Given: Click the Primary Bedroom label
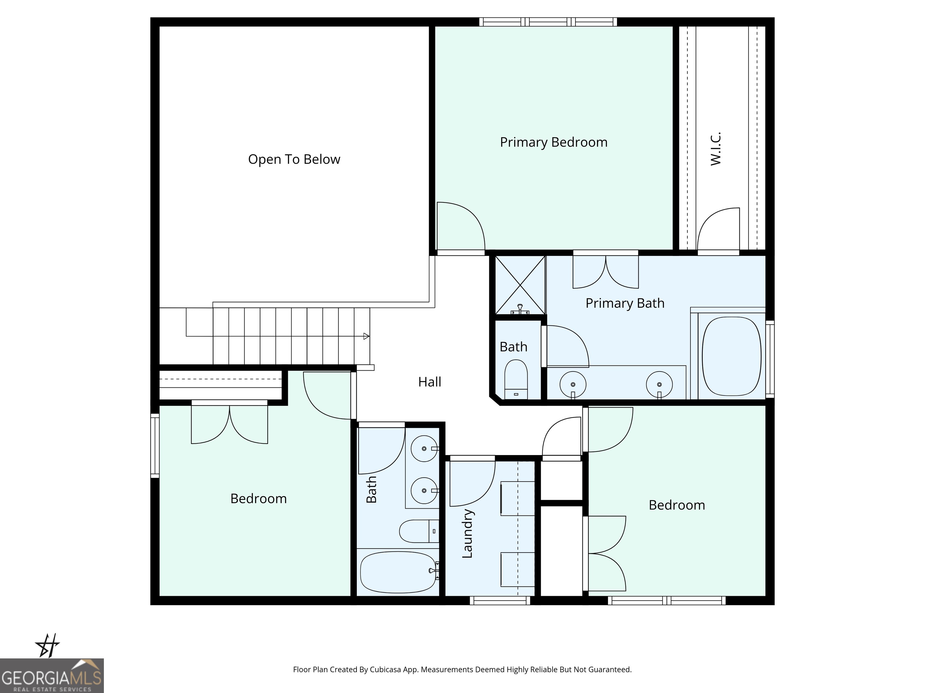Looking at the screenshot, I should click(553, 143).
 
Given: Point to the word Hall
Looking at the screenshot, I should click(429, 382).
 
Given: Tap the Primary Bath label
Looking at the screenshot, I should click(625, 303).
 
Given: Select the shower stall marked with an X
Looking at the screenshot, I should click(520, 285).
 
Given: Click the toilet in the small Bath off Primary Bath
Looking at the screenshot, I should click(516, 379).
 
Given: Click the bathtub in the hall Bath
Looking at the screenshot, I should click(398, 572).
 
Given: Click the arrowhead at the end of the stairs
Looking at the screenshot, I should click(366, 336).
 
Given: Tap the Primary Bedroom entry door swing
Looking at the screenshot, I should click(460, 227).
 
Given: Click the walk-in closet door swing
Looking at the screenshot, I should click(718, 230).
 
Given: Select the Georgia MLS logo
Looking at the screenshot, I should click(52, 676).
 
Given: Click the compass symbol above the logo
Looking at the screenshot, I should click(47, 645).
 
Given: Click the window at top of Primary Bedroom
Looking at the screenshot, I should click(548, 22).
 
